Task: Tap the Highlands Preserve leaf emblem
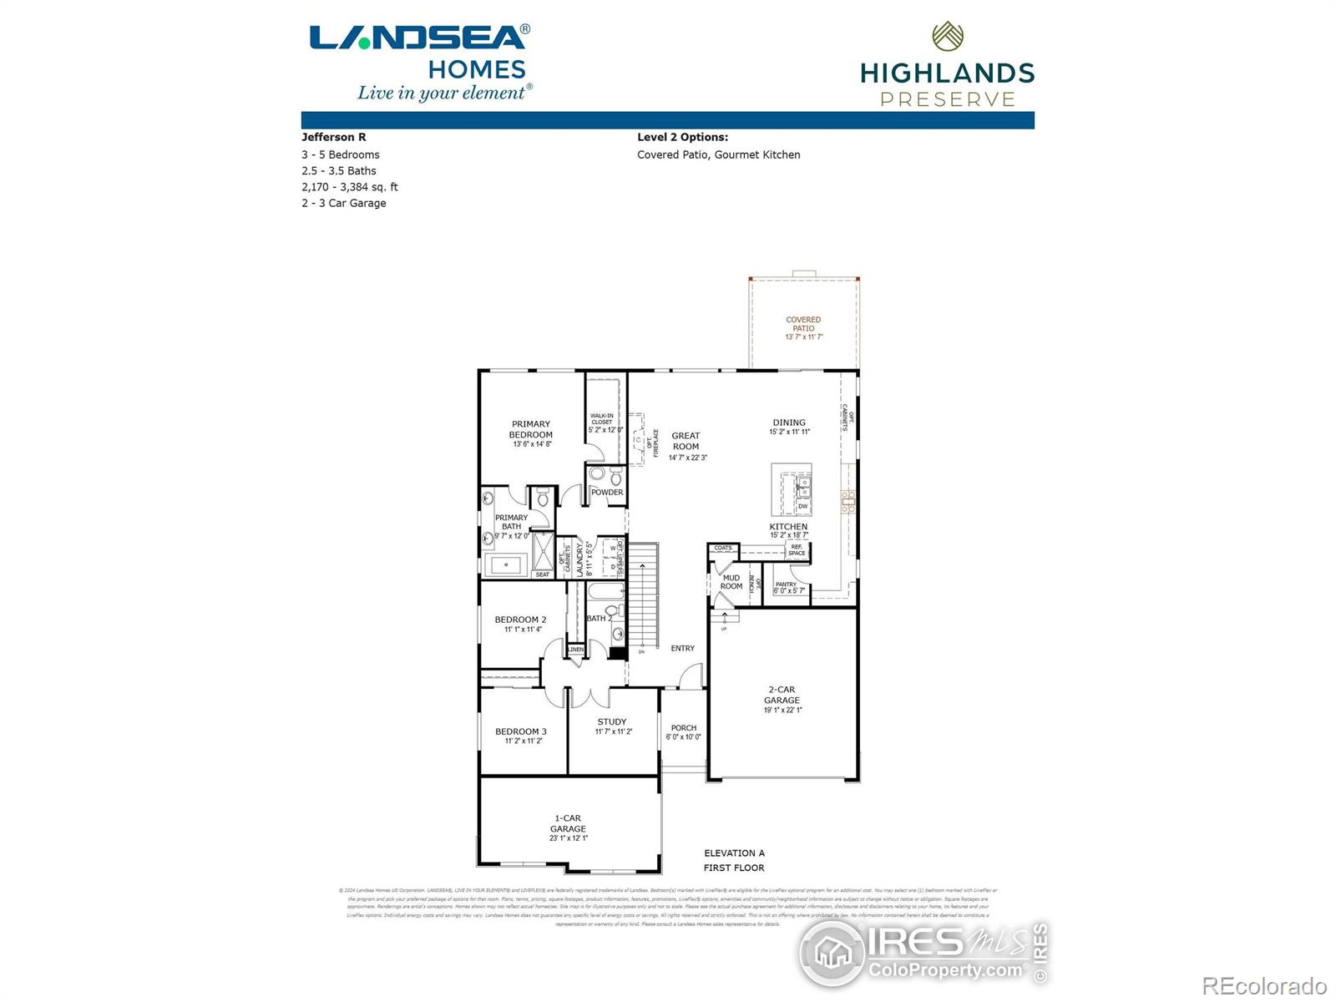click(x=948, y=36)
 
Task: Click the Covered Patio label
click(x=803, y=323)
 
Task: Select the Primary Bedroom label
click(x=531, y=429)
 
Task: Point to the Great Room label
click(x=686, y=441)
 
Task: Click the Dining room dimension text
click(x=789, y=433)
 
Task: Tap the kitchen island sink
click(x=802, y=486)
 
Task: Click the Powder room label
click(x=607, y=493)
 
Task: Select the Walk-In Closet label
click(x=602, y=418)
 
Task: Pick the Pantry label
click(x=786, y=584)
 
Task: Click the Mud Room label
click(x=731, y=582)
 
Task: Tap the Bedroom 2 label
click(x=520, y=620)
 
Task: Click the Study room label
click(x=612, y=721)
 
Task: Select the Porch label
click(x=683, y=728)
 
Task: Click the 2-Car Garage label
click(x=782, y=695)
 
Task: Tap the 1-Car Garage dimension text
click(x=568, y=838)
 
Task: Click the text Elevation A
click(x=734, y=853)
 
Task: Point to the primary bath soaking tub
click(x=506, y=565)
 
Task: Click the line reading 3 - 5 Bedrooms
click(x=341, y=154)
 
